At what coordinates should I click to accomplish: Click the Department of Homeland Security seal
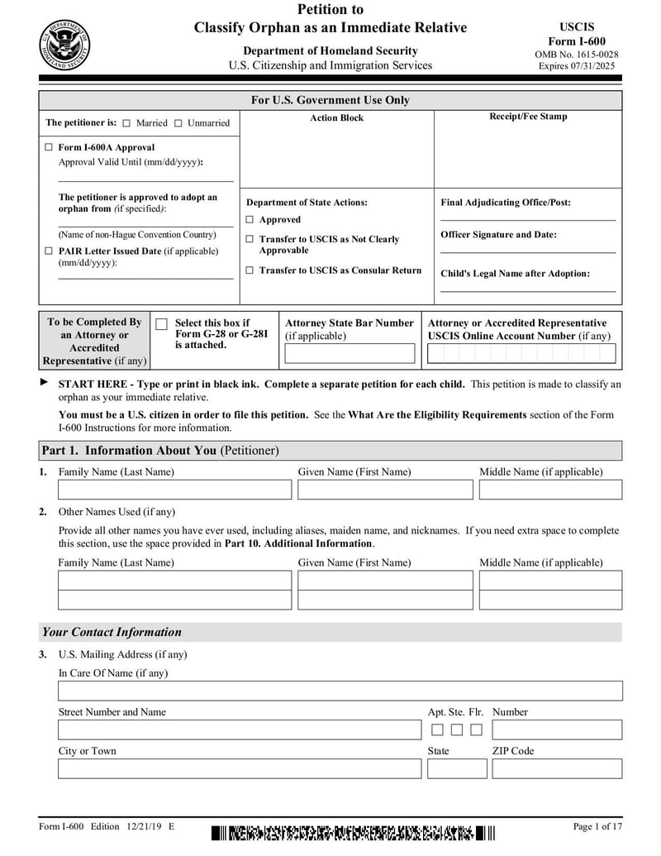64,43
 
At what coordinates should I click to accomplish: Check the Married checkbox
126,123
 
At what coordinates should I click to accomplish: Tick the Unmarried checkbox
178,123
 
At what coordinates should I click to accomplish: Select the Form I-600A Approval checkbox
49,147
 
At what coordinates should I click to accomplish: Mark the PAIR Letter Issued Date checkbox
49,251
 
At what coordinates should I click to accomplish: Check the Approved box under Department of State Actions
250,220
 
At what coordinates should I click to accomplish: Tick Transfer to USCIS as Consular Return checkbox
250,270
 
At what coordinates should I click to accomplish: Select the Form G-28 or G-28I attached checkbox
162,324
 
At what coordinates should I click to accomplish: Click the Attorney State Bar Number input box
350,354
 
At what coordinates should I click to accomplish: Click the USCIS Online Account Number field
521,354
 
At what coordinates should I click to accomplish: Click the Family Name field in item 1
174,490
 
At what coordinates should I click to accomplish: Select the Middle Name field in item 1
550,490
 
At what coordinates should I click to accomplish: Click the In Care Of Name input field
340,691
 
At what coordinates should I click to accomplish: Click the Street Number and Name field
239,729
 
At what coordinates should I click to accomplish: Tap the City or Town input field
239,768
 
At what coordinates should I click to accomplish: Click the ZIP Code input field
557,768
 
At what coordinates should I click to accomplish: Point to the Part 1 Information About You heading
160,451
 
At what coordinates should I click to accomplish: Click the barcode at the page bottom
353,832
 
